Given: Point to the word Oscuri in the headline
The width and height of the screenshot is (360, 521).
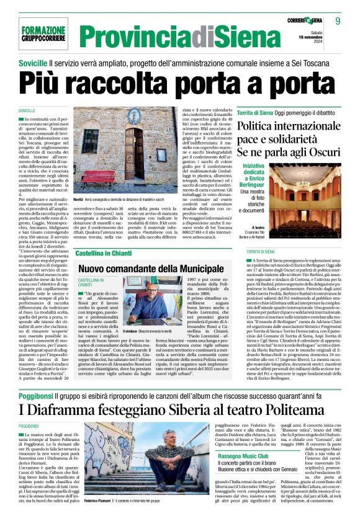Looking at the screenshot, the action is (321, 151).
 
